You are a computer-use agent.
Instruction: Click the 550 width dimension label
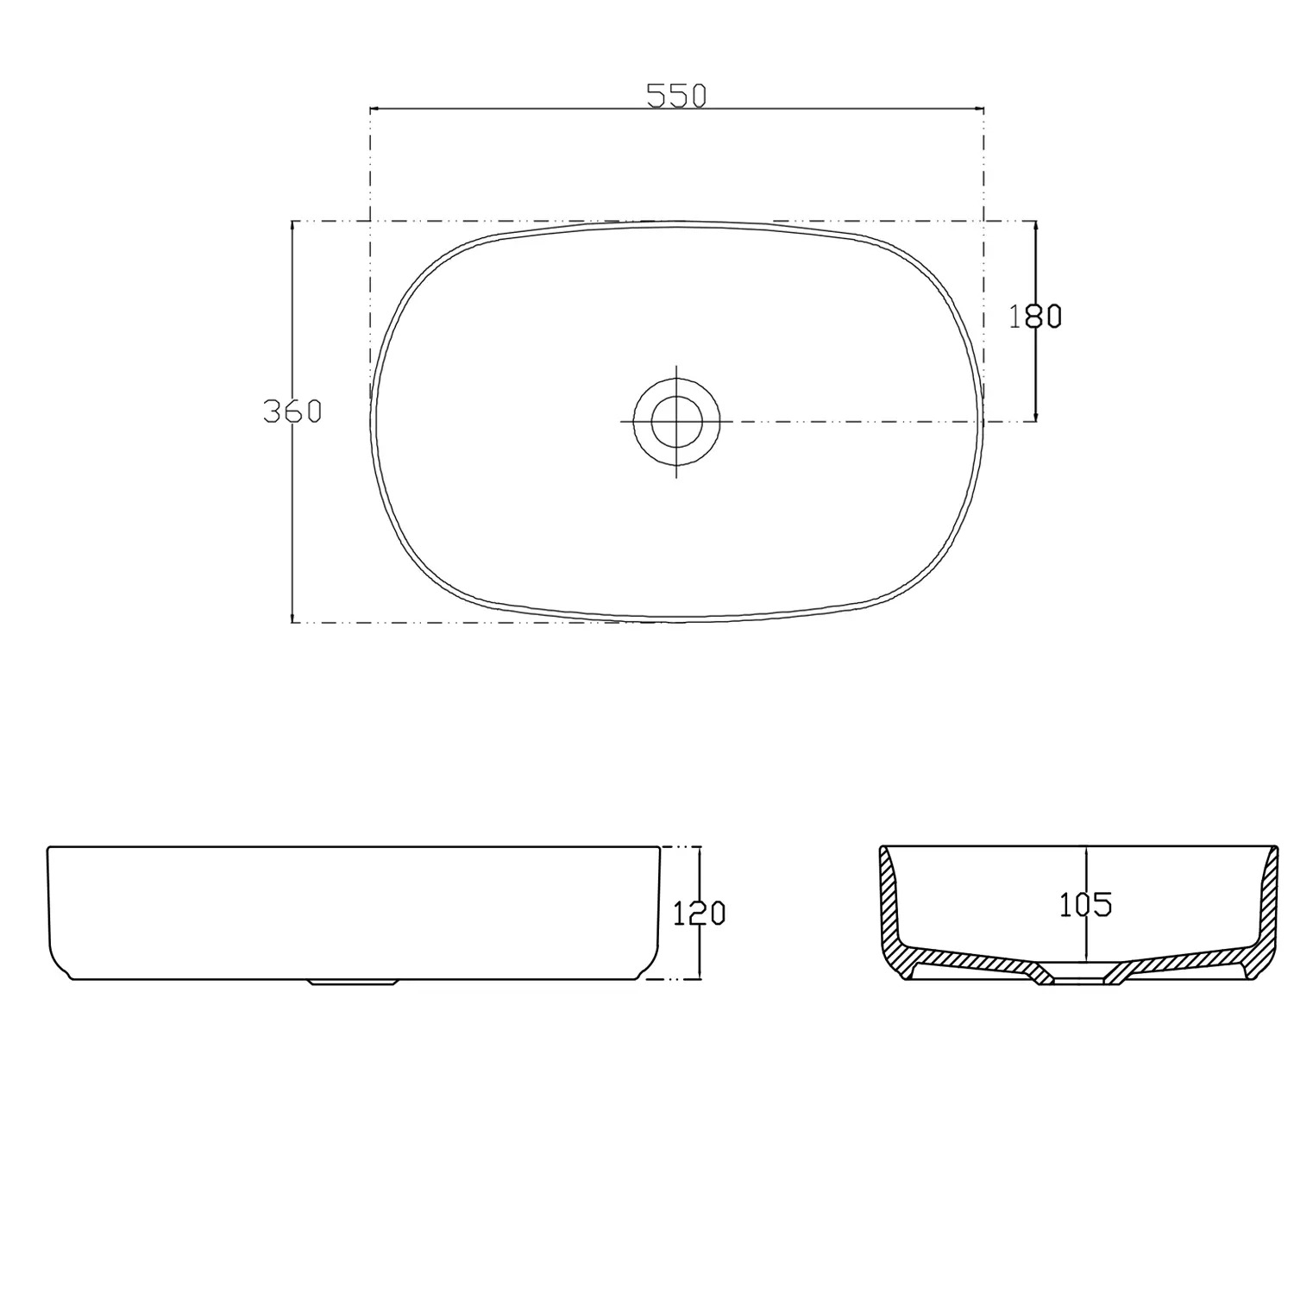click(x=676, y=96)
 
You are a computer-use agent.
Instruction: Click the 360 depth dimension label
click(x=292, y=412)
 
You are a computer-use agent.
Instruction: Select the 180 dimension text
click(x=1035, y=317)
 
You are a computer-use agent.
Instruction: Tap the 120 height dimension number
click(x=699, y=913)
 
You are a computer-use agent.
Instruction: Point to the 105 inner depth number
click(x=1085, y=904)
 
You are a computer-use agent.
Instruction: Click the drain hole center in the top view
click(x=675, y=421)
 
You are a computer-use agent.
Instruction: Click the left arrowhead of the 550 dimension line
click(x=374, y=110)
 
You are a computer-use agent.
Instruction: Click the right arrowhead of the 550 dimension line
click(x=980, y=110)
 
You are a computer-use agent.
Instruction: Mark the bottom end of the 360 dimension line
click(x=292, y=620)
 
